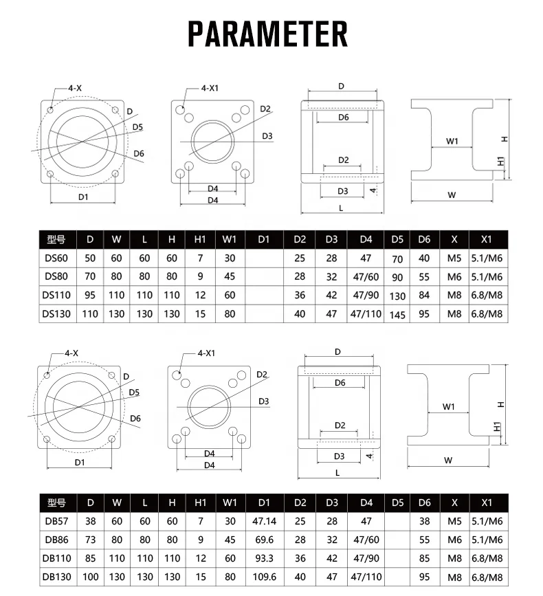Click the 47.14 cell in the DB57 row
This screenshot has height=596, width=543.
click(263, 521)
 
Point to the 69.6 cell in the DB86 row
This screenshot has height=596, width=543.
click(263, 540)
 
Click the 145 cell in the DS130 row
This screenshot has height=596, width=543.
click(397, 315)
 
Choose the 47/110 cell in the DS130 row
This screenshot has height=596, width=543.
click(365, 313)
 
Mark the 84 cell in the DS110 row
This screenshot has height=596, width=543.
click(424, 296)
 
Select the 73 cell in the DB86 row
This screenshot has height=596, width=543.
click(90, 540)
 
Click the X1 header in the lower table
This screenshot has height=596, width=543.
click(487, 503)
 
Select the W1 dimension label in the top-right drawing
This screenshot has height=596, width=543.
click(452, 141)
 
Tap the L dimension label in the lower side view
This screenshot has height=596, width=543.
click(337, 473)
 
